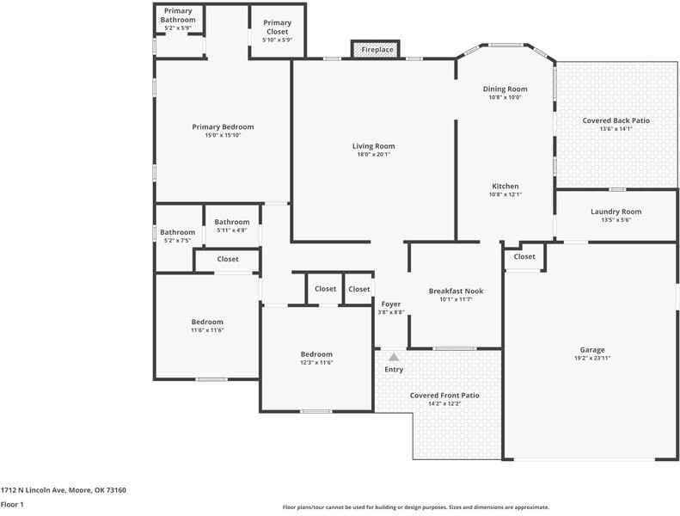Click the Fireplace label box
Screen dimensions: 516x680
click(376, 50)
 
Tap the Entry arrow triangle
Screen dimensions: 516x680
click(394, 356)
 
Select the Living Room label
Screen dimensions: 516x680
click(373, 146)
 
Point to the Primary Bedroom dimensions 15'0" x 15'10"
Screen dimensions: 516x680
click(223, 135)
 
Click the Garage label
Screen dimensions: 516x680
click(591, 350)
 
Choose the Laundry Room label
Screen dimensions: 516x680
click(616, 212)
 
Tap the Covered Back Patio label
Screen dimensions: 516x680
click(616, 120)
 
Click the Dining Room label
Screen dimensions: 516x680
click(505, 89)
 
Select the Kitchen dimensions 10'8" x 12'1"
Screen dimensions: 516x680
click(505, 194)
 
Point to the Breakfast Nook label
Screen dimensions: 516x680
click(456, 292)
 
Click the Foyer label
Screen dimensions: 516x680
click(391, 304)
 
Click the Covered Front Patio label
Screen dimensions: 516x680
click(444, 395)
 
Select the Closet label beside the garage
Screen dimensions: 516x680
click(524, 256)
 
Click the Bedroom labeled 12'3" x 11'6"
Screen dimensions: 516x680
click(316, 354)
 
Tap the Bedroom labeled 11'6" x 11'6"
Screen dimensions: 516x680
click(207, 322)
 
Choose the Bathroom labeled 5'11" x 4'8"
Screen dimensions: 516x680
click(232, 222)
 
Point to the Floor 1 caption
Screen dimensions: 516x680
click(12, 505)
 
